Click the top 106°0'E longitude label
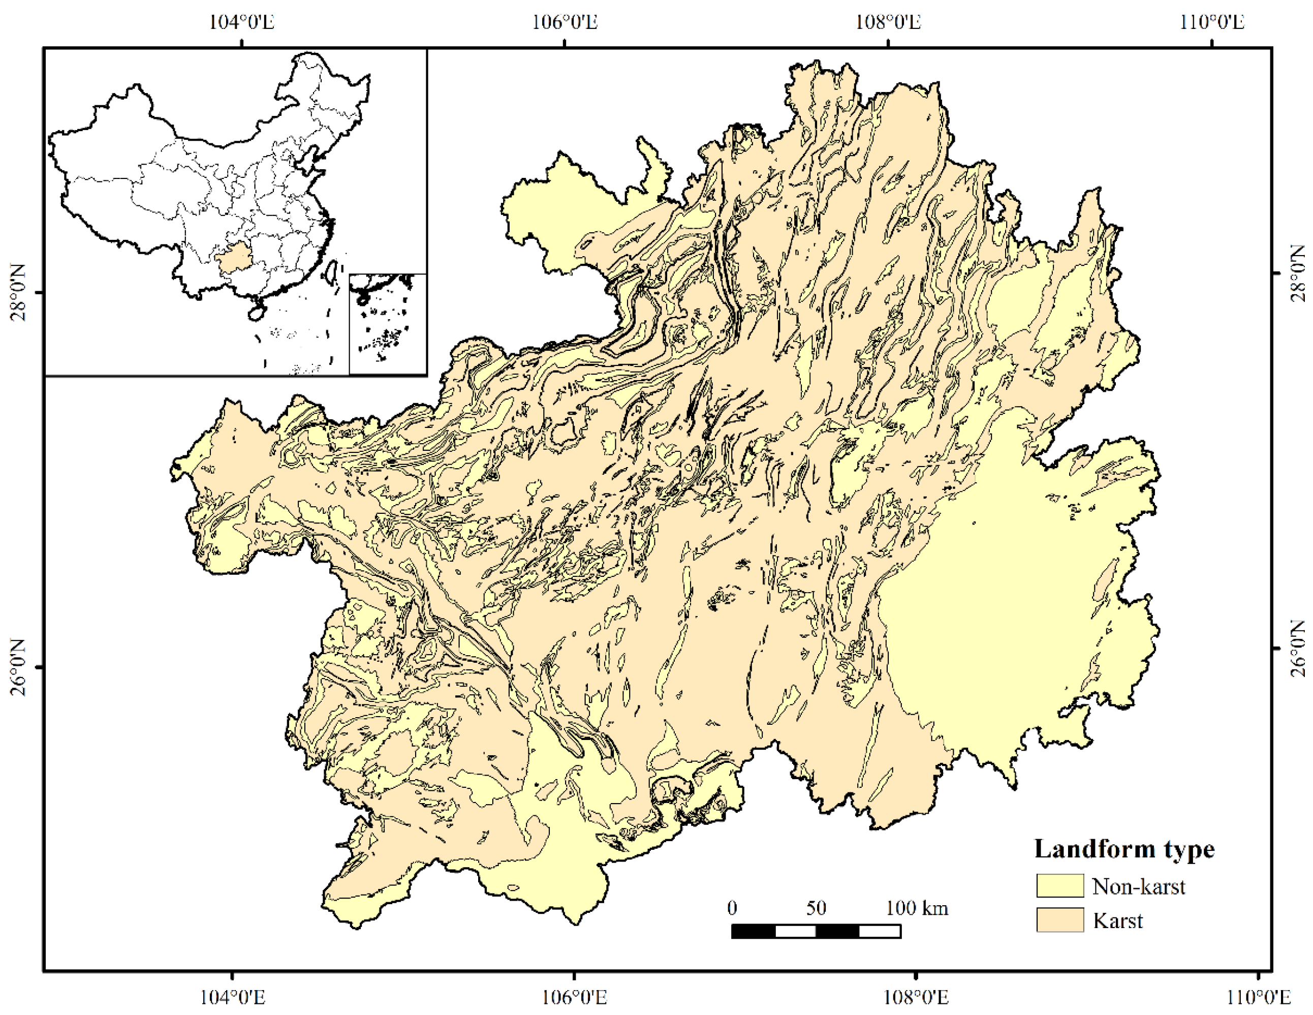coord(565,22)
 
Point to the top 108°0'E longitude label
coord(888,22)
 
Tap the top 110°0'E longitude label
coord(1211,22)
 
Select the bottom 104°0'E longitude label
coord(232,998)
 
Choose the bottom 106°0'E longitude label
coord(574,998)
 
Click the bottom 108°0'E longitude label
coord(916,998)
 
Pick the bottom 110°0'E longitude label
coord(1258,998)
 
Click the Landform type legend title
coord(1124,848)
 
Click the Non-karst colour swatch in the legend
coord(1060,886)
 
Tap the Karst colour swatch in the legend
coord(1060,920)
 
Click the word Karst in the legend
coord(1117,920)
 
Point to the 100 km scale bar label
coord(917,907)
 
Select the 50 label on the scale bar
coord(816,907)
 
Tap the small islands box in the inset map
coord(388,324)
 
